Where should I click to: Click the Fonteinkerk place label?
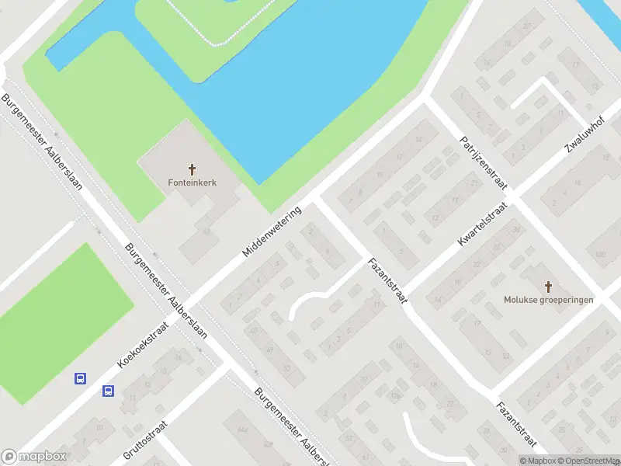pos(192,183)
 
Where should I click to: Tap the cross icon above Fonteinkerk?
pos(192,169)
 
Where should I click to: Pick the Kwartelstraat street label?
pos(482,225)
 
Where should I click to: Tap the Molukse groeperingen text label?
pos(548,300)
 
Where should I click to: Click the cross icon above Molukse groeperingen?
pos(548,287)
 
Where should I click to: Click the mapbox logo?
pos(34,457)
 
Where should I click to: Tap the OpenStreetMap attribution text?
pos(591,461)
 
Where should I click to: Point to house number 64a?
pos(243,429)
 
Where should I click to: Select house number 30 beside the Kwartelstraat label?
pos(517,229)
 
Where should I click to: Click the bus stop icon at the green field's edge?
pos(80,379)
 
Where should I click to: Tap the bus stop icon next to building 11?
pos(108,391)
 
